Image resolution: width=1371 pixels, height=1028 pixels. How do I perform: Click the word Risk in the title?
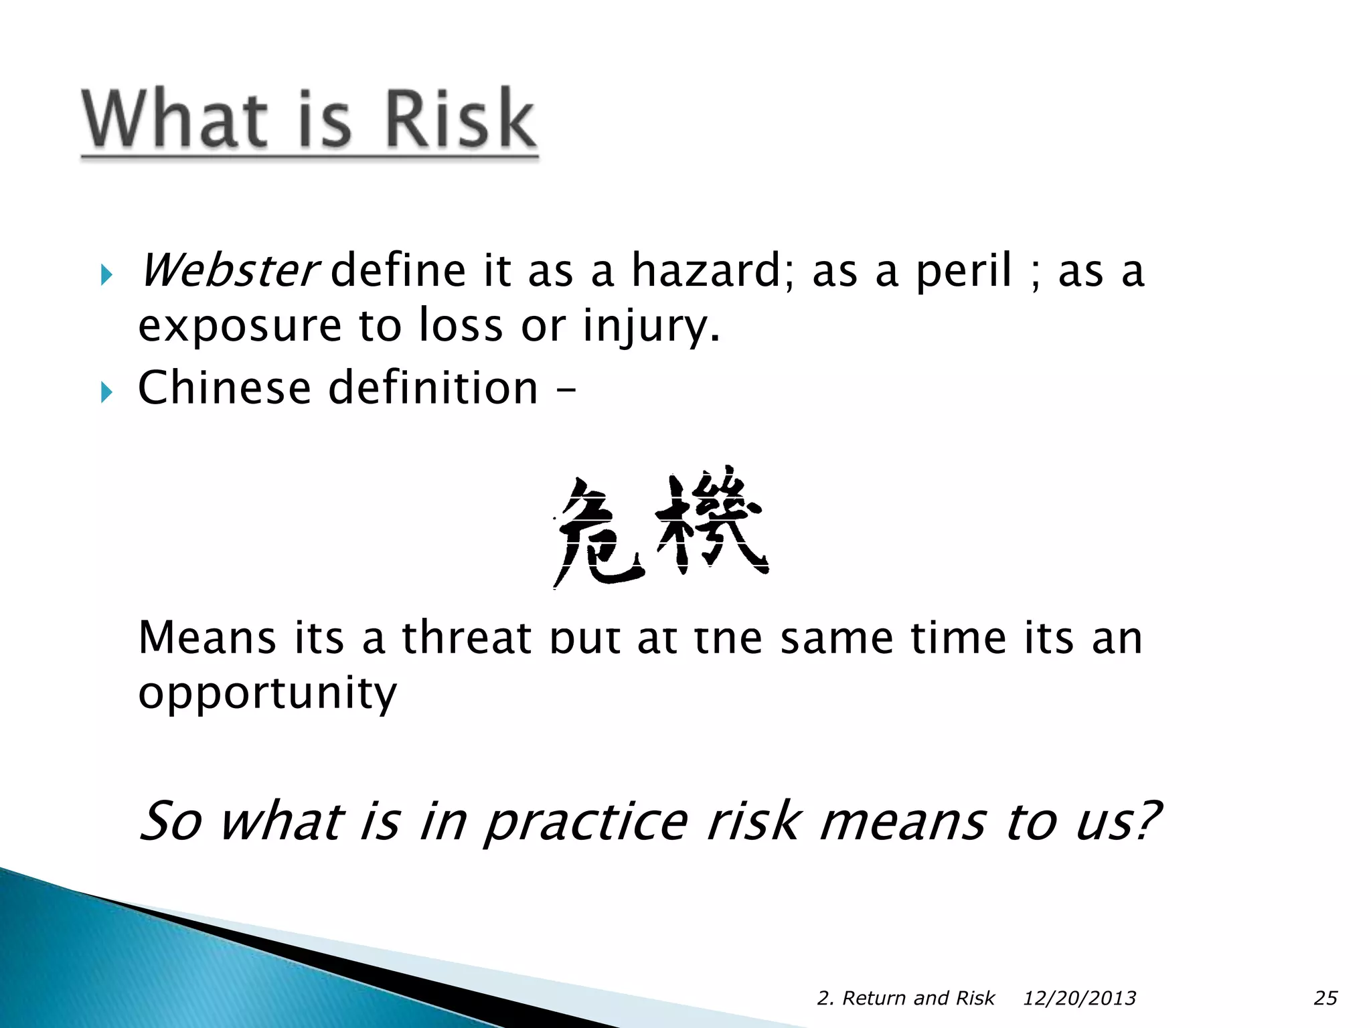coord(460,119)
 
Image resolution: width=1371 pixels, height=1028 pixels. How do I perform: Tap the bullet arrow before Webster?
coord(106,274)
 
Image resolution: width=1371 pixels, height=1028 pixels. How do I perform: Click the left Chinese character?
coord(598,532)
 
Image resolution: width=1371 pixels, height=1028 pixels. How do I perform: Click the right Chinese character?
coord(712,525)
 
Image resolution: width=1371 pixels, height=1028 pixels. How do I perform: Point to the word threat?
coord(467,638)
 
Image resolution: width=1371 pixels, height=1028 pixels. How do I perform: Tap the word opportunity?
coord(268,694)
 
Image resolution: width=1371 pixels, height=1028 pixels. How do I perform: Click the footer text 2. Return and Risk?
coord(906,998)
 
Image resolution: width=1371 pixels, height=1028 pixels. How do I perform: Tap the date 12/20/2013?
coord(1079,998)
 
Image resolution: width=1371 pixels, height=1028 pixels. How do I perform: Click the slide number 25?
coord(1325,998)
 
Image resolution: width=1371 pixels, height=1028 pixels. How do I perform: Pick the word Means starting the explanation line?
coord(207,638)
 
